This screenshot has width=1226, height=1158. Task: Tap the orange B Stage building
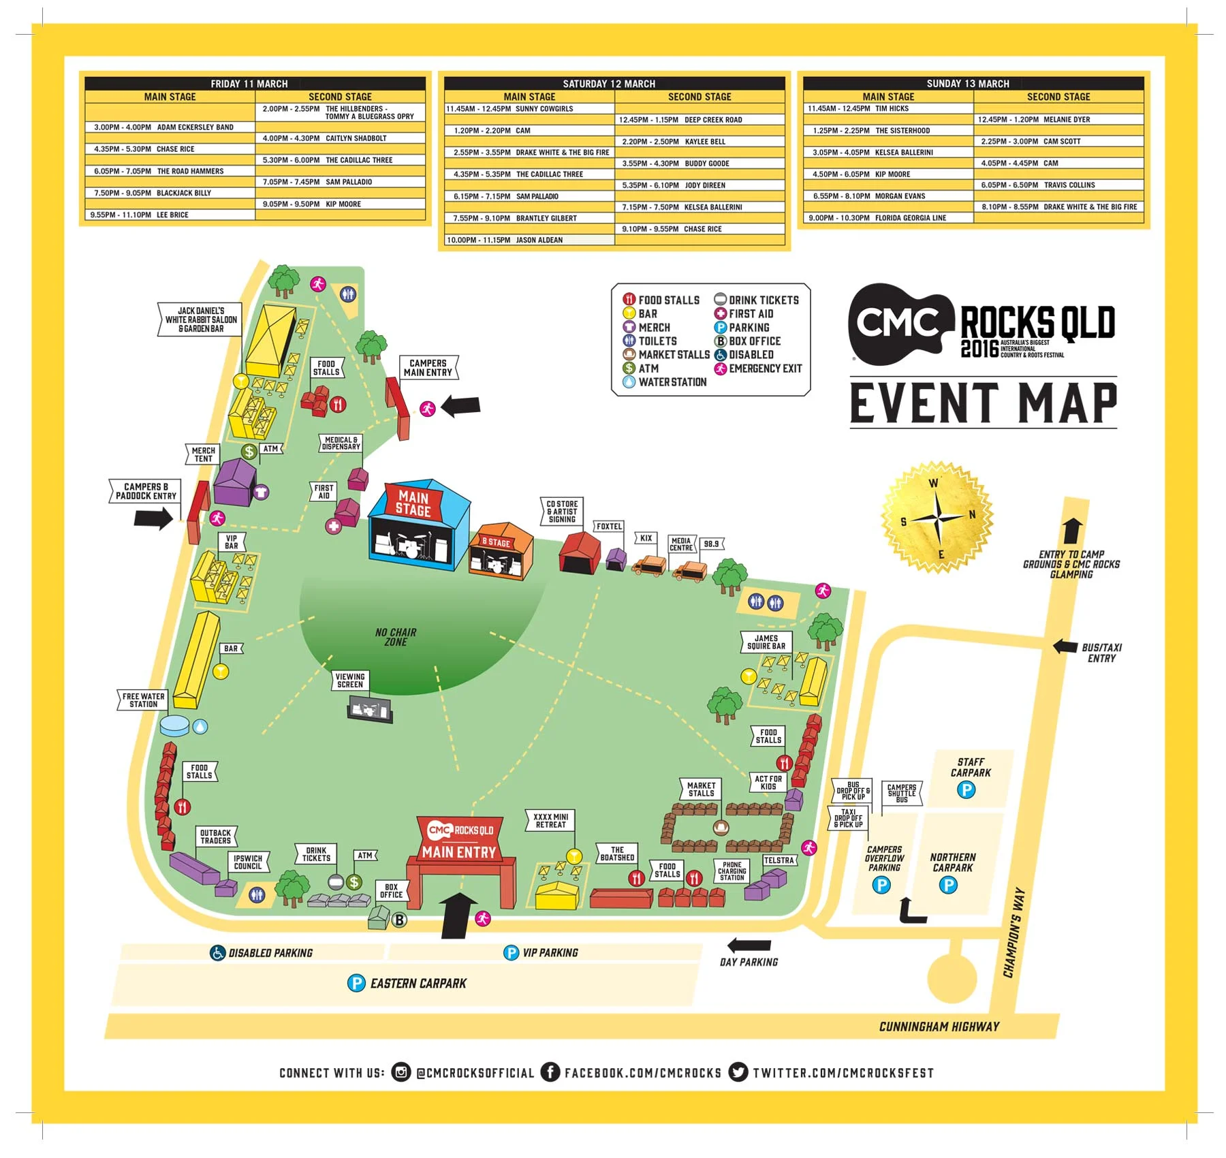(501, 552)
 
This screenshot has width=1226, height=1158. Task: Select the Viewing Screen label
(350, 680)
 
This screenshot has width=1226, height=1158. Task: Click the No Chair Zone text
(396, 637)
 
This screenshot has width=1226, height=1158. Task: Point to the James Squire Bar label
(766, 642)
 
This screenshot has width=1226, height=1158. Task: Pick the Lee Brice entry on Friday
(139, 215)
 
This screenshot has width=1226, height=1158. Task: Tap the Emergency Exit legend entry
(757, 369)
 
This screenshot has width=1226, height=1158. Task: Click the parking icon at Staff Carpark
(966, 789)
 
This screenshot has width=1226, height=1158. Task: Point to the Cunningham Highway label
(939, 1026)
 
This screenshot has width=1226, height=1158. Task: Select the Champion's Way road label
(1013, 932)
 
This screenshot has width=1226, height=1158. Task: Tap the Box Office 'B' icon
(399, 920)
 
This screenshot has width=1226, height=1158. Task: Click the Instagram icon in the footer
(401, 1071)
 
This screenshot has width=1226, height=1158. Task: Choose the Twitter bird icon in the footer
(738, 1071)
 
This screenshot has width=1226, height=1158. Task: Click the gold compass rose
(937, 518)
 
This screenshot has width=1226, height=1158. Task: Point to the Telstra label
(779, 860)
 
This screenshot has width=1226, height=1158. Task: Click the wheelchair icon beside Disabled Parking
(217, 952)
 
